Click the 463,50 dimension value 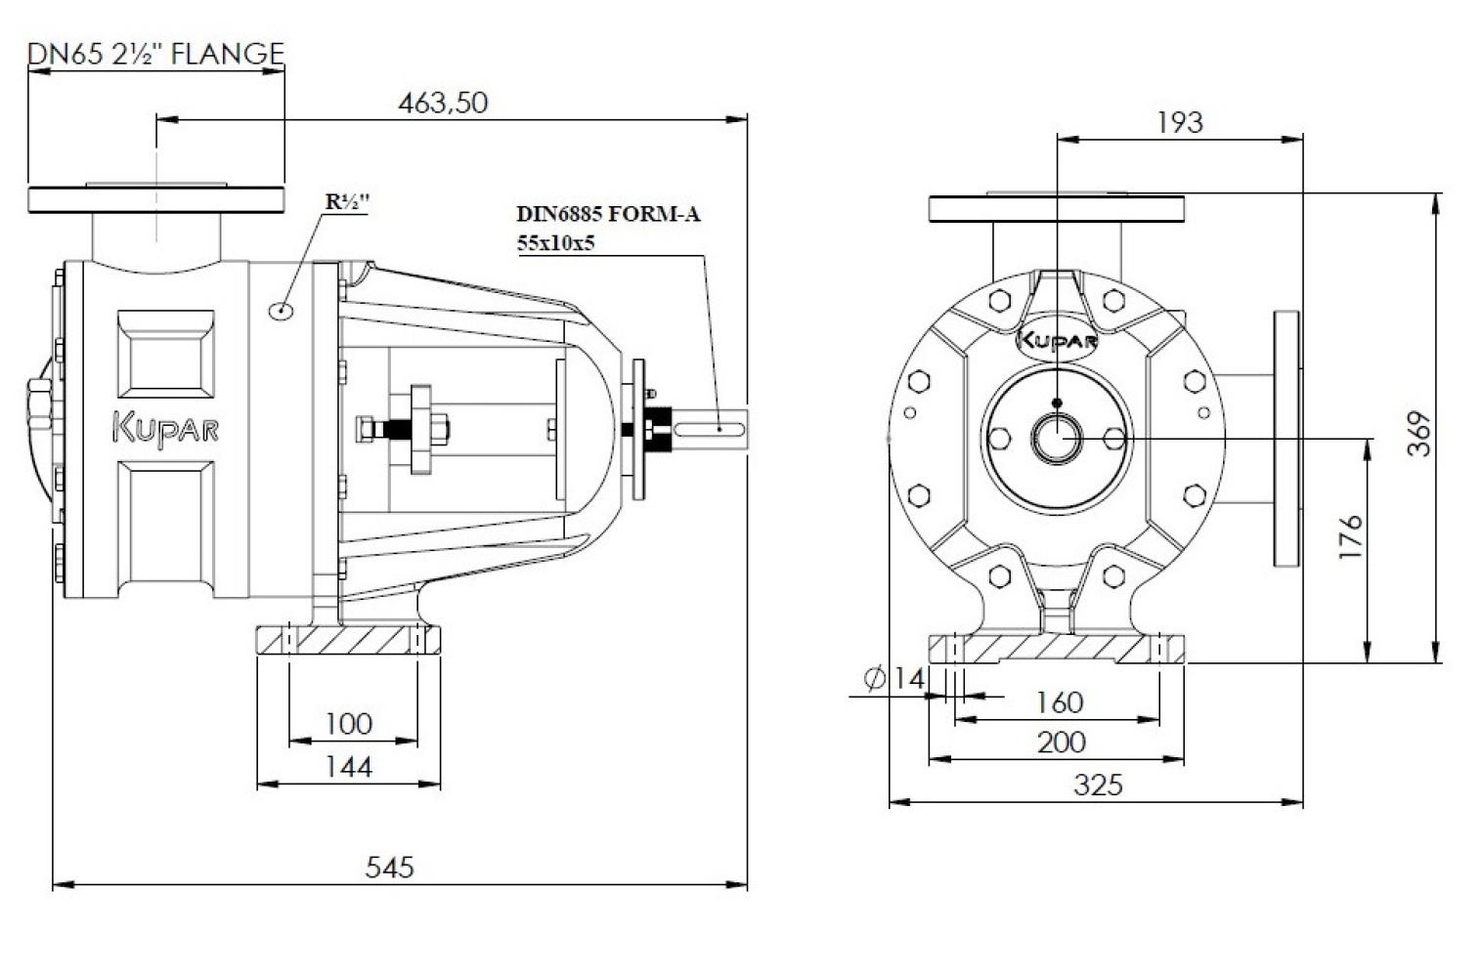point(443,103)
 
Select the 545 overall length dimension point(389,868)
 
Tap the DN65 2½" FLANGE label point(156,54)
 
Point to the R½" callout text point(347,202)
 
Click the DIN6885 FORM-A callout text point(608,214)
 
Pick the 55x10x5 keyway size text point(556,243)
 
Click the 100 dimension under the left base point(349,724)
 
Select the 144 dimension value point(349,767)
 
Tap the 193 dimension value point(1180,123)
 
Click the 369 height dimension point(1418,434)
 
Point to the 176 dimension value point(1351,536)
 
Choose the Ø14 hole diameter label point(893,678)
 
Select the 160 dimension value point(1059,702)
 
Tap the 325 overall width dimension point(1098,786)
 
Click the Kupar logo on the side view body point(165,428)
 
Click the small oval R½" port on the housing point(282,309)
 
